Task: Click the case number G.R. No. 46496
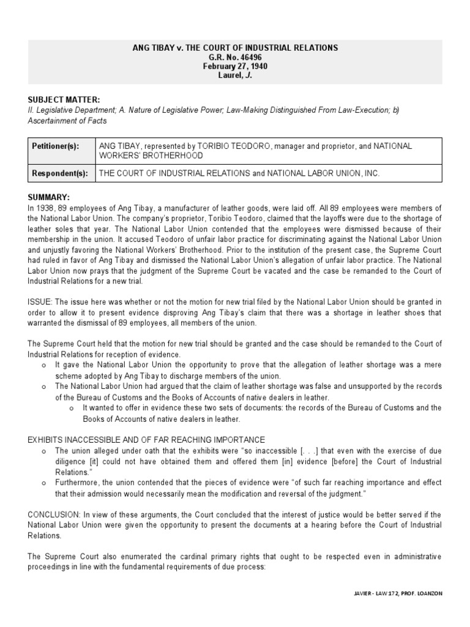click(x=235, y=56)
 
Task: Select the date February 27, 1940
click(x=235, y=66)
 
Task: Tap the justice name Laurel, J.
click(x=235, y=75)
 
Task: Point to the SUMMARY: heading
click(x=49, y=197)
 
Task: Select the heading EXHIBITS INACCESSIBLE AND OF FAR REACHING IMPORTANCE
click(x=147, y=440)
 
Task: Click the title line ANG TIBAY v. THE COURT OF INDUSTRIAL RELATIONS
click(x=235, y=47)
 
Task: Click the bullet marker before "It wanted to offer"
click(x=72, y=408)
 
